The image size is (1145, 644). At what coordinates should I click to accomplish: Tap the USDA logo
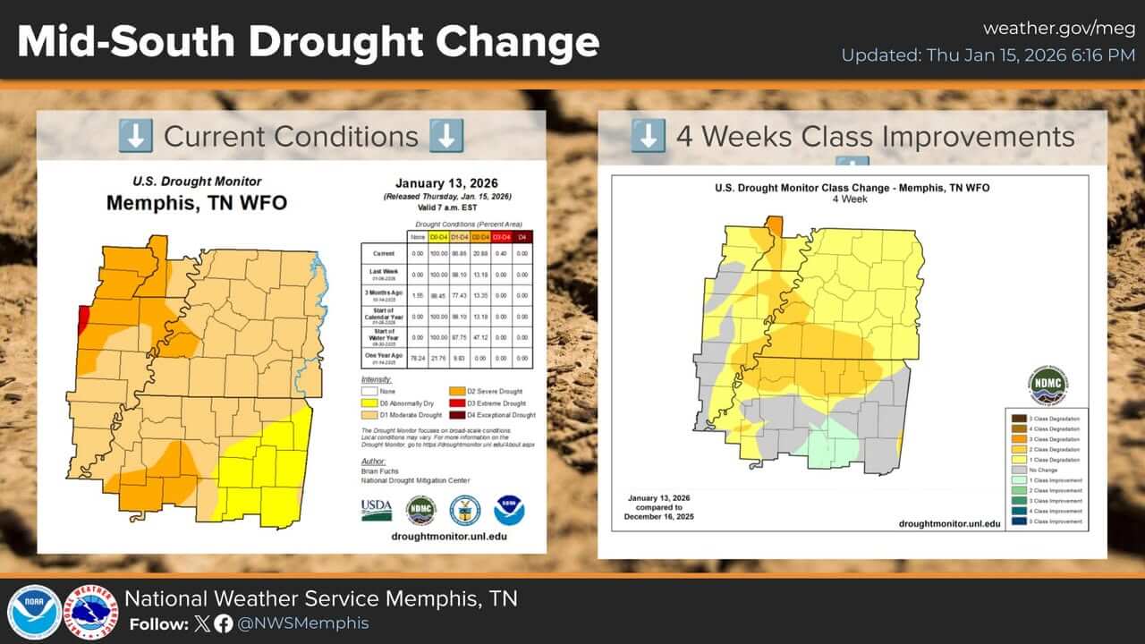377,510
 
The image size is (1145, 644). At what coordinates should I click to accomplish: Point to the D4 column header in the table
522,236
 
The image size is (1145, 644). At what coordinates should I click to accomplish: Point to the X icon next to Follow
203,624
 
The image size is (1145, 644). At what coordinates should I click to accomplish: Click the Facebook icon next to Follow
223,624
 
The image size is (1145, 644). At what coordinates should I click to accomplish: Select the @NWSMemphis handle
303,624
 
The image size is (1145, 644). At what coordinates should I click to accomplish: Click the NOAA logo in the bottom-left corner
34,612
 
